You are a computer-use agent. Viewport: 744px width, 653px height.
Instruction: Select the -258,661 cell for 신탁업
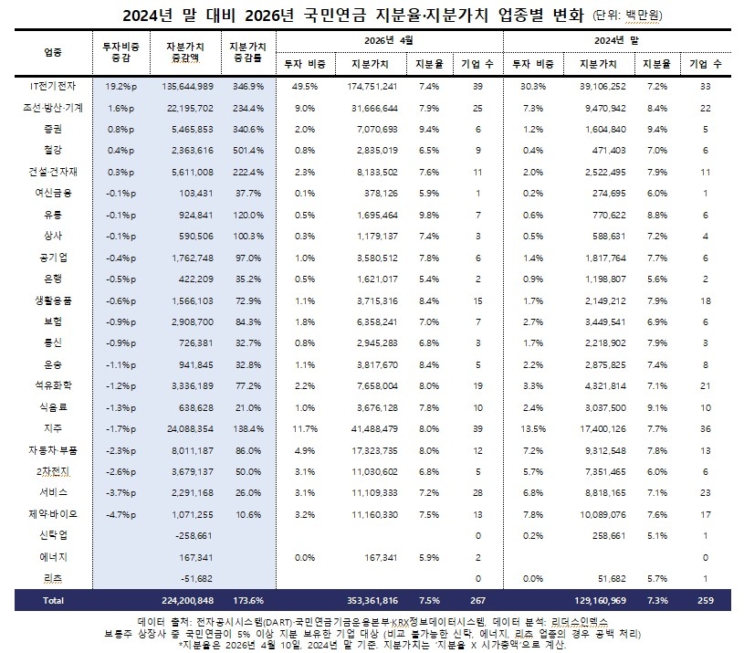click(192, 535)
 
